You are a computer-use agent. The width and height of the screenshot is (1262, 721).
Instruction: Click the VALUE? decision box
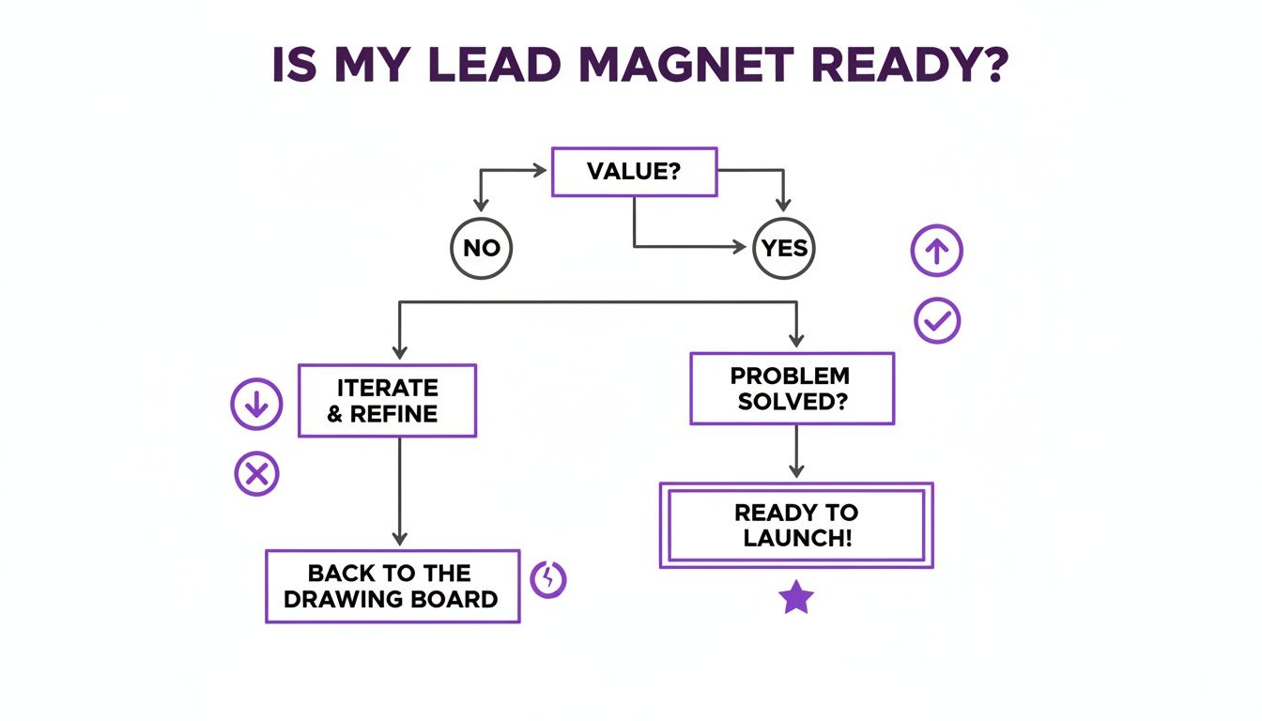[634, 172]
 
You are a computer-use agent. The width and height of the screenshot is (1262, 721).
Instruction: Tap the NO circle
[482, 248]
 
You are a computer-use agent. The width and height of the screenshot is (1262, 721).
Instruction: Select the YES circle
[784, 248]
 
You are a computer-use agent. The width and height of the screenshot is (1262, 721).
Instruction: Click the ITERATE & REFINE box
[387, 401]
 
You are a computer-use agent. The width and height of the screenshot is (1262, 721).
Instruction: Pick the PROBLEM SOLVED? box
[792, 389]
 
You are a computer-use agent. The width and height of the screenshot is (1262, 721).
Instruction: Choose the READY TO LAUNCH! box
[796, 526]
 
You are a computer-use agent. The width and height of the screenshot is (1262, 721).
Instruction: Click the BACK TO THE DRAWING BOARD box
[392, 587]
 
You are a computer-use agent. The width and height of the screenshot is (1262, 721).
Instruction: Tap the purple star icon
[795, 597]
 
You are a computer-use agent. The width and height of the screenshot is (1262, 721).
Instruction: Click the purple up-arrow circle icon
[936, 251]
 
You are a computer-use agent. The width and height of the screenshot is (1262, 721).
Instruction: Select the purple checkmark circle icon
[936, 322]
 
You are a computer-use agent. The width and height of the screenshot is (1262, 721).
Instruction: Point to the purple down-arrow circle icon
[256, 405]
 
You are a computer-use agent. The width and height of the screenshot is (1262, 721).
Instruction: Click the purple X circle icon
[256, 475]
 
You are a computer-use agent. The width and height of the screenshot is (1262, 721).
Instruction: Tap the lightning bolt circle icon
[549, 579]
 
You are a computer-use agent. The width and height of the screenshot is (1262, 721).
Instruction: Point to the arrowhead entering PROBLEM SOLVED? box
[796, 343]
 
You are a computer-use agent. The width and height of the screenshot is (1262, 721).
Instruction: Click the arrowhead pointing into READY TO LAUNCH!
[796, 472]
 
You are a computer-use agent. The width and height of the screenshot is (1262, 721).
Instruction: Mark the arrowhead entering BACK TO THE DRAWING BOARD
[400, 540]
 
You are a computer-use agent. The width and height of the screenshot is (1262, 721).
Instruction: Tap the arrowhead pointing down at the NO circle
[482, 204]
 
